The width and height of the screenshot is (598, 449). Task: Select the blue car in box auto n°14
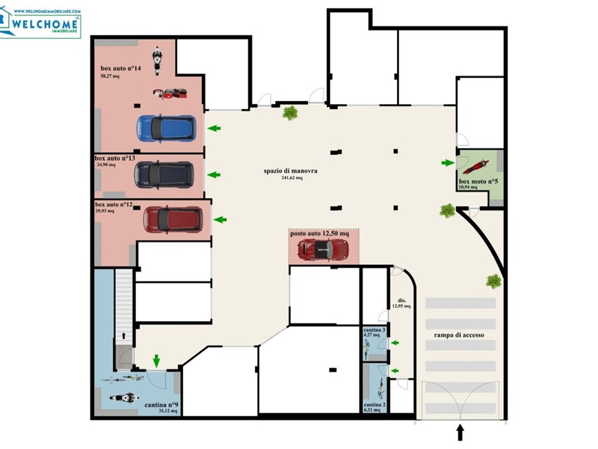click(x=166, y=128)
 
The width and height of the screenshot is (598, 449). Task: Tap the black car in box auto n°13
click(x=164, y=175)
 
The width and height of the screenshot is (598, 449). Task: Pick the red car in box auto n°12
click(x=172, y=219)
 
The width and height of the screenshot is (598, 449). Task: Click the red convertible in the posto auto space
click(x=322, y=251)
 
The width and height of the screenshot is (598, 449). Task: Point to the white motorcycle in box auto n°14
click(x=157, y=60)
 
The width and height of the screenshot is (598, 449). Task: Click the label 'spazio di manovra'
click(x=291, y=171)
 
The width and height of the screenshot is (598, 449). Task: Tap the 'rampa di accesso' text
click(x=460, y=336)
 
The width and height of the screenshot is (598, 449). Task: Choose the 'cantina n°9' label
click(x=161, y=405)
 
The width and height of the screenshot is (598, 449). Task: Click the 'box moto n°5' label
click(x=478, y=182)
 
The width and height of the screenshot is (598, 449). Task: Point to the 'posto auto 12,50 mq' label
click(x=324, y=234)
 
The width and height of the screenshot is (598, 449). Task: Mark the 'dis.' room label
click(x=401, y=299)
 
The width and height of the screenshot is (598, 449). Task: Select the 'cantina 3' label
click(x=374, y=330)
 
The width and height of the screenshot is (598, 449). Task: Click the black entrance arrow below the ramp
click(x=460, y=433)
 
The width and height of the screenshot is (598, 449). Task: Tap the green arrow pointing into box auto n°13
click(x=214, y=175)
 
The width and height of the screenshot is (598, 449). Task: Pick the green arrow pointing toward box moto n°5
click(x=448, y=162)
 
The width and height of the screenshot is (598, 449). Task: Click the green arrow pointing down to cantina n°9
click(x=156, y=361)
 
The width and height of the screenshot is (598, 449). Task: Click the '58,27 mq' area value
click(x=111, y=76)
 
